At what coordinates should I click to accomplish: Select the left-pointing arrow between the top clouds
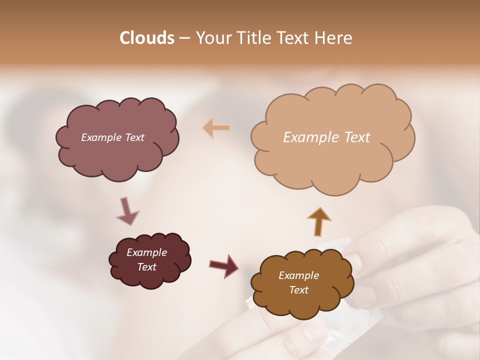click(x=216, y=128)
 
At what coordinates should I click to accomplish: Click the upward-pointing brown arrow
click(x=319, y=220)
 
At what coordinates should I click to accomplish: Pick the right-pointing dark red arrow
click(x=224, y=265)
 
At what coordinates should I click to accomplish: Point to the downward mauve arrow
click(x=127, y=210)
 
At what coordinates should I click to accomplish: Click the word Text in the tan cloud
click(x=357, y=137)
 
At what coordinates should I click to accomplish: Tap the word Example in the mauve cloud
click(x=101, y=137)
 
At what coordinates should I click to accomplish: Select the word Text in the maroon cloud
click(x=147, y=267)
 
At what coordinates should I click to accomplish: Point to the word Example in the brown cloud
click(x=298, y=275)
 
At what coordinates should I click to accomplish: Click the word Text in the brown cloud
click(x=299, y=290)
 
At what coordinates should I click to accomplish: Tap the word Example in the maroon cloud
click(x=147, y=252)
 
